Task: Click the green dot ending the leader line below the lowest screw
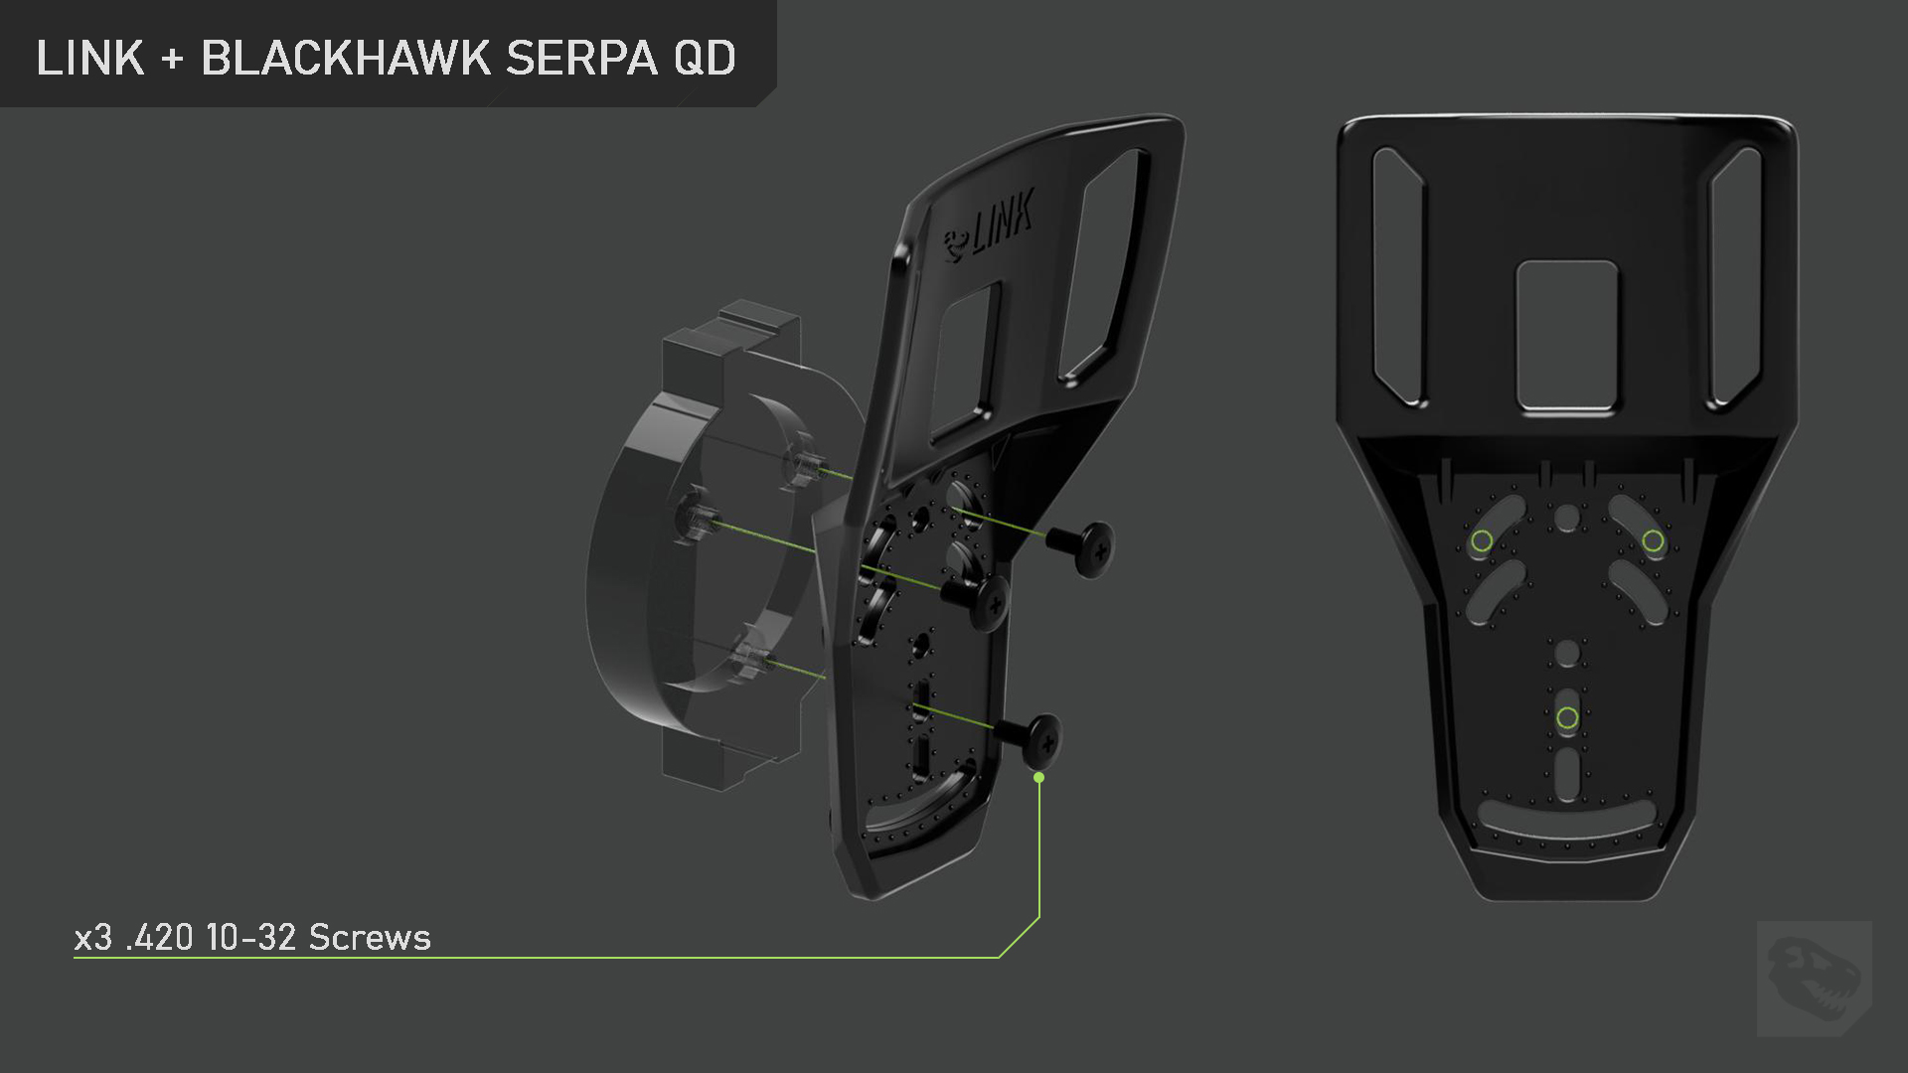[1038, 777]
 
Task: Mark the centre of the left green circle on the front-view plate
[1482, 540]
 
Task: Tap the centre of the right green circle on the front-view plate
[1653, 540]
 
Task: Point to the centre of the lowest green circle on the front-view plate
[1567, 717]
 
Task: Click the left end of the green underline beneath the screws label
[75, 958]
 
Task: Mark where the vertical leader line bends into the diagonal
[1038, 918]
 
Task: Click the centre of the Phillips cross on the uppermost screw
[1100, 547]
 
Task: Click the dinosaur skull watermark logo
[1814, 979]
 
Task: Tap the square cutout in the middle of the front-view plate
[1567, 336]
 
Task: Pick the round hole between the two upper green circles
[1567, 518]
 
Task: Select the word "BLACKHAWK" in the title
[346, 59]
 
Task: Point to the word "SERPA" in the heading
[581, 59]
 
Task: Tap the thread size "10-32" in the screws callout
[251, 937]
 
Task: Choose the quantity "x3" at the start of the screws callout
[93, 937]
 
